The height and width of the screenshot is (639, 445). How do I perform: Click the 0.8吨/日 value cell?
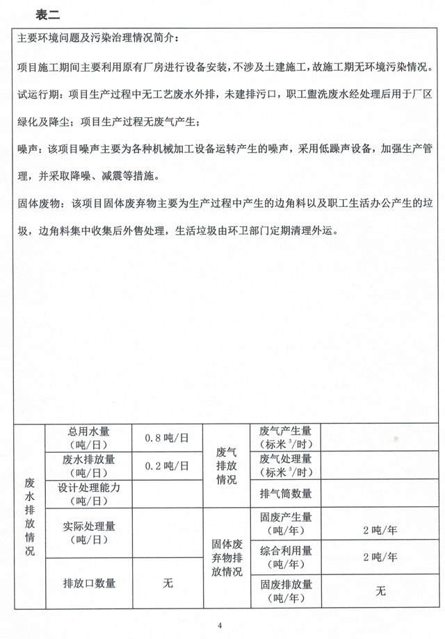[x=167, y=438]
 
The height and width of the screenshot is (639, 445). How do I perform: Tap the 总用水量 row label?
[x=89, y=438]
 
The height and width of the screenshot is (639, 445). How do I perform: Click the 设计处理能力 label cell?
[x=89, y=494]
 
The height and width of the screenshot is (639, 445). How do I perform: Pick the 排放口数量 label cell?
[x=89, y=583]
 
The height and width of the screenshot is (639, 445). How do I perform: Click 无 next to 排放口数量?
[x=168, y=583]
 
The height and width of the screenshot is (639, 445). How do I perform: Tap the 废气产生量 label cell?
[x=285, y=438]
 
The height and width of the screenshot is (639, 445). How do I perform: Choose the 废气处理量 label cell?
[x=285, y=466]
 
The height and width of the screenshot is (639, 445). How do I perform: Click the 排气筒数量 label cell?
[x=285, y=494]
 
